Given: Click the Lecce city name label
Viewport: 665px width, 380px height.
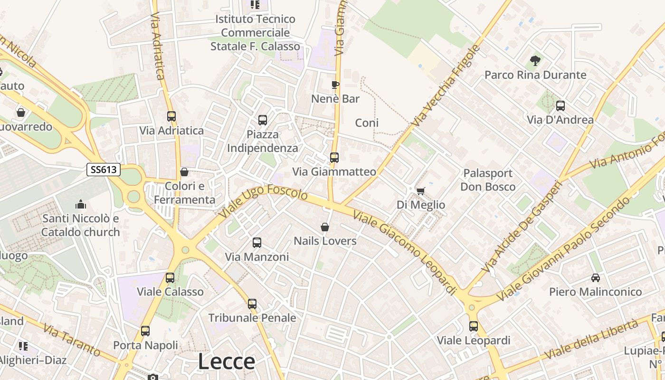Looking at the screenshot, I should (227, 361).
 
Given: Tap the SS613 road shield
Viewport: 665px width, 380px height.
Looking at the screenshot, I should (104, 170).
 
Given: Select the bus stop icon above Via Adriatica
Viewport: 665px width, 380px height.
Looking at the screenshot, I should (171, 116).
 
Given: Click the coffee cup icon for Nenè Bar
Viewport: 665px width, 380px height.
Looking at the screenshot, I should (335, 85).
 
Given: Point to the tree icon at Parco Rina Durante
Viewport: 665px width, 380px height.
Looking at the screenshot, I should (535, 61).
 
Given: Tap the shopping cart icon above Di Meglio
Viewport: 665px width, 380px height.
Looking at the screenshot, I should (420, 191).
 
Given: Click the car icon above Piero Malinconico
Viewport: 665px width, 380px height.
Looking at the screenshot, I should (595, 278).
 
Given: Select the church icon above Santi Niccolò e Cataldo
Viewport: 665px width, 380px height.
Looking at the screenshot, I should (81, 204).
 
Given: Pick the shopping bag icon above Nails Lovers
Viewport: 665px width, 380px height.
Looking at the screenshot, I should (325, 227).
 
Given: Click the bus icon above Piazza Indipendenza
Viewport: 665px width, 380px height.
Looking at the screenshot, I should (263, 120).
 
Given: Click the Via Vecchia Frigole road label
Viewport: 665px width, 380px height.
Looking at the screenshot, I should (446, 85).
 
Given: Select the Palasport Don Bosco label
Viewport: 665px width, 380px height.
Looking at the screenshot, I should (488, 180).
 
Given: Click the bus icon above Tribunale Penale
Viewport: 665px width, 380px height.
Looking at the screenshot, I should (252, 304).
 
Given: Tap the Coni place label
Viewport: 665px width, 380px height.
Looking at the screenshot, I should (367, 123).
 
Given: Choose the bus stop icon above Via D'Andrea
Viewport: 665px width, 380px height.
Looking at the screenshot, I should (560, 106).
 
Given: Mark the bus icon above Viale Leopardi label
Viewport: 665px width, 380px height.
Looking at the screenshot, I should (474, 326).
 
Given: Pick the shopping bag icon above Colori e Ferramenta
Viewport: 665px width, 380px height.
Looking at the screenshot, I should (184, 172).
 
